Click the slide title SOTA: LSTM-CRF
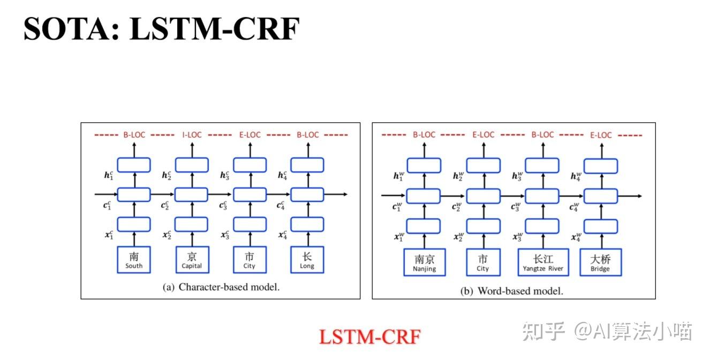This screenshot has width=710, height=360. point(161,29)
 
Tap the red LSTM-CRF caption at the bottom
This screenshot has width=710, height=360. point(370,337)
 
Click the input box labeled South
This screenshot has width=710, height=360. point(134,260)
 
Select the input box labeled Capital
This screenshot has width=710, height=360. point(192,260)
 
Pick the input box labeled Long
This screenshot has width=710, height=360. point(307,260)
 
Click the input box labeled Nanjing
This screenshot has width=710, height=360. point(424,262)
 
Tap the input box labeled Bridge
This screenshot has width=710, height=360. point(600,262)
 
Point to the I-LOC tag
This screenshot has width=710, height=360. point(192,135)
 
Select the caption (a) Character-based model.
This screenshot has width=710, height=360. point(221,287)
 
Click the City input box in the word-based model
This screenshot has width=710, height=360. point(483,262)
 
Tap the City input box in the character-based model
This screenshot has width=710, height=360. point(250,260)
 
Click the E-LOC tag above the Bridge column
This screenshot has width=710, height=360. point(600,135)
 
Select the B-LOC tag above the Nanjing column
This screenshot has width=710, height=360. point(424,135)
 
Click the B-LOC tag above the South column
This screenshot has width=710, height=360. point(134,135)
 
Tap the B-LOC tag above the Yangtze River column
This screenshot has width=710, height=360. point(542,135)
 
